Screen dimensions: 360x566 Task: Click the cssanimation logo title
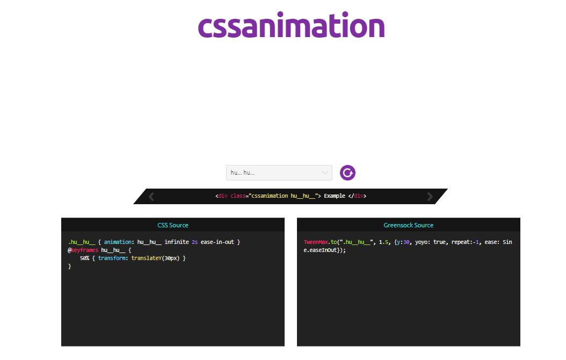(291, 26)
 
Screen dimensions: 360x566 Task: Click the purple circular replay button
(348, 172)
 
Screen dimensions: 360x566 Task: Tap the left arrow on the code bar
(151, 197)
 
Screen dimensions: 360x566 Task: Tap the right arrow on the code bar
(430, 197)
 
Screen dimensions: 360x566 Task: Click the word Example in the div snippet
(335, 196)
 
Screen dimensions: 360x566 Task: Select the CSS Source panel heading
(173, 225)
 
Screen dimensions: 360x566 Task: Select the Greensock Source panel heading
(408, 225)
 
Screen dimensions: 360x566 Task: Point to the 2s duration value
(194, 242)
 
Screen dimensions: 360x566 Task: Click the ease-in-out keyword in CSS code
(217, 242)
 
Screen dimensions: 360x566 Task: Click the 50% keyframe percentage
(84, 258)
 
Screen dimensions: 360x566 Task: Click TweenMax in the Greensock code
(316, 242)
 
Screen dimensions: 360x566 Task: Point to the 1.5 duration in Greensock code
(383, 242)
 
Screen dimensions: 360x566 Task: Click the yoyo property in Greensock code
(422, 242)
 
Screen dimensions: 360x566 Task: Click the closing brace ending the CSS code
(69, 267)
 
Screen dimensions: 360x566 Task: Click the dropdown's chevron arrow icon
(324, 172)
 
